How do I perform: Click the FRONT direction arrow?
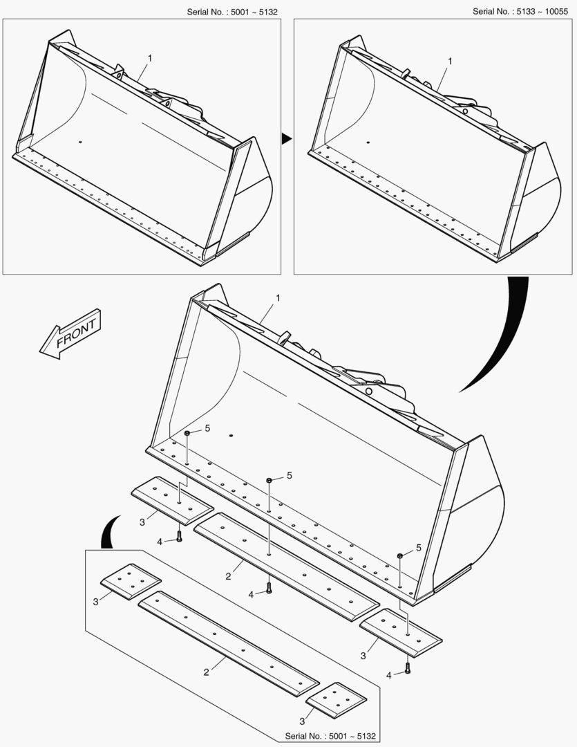click(x=70, y=333)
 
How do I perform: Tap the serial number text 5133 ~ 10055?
click(x=520, y=12)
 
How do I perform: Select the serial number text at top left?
click(x=232, y=12)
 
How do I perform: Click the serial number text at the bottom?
click(x=330, y=736)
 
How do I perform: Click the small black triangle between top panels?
click(x=285, y=138)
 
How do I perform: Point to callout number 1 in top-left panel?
click(x=150, y=58)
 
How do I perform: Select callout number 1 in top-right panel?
click(x=450, y=61)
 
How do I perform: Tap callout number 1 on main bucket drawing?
click(x=278, y=297)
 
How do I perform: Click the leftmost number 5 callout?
click(x=207, y=428)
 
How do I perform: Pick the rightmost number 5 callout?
click(x=419, y=548)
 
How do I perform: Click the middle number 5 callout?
click(x=289, y=475)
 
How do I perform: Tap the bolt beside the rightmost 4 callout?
click(x=408, y=668)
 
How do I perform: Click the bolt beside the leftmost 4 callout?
click(x=179, y=536)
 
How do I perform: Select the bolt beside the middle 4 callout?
click(x=269, y=588)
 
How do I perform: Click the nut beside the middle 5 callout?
click(x=269, y=480)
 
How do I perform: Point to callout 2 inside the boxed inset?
click(x=206, y=672)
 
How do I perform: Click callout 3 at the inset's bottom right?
click(x=302, y=721)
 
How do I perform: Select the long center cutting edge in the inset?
click(x=229, y=644)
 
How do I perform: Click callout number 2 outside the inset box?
click(x=228, y=576)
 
